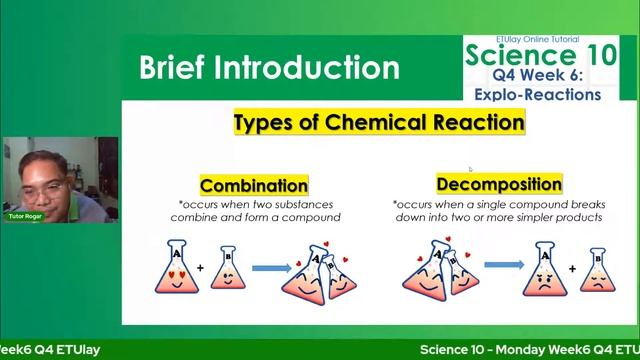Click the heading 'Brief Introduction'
point(269,68)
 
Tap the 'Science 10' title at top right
point(534,55)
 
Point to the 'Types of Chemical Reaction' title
point(379,123)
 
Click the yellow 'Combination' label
point(254,186)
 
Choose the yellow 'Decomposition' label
point(499,185)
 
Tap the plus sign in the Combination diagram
point(200,268)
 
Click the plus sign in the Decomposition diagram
point(571,268)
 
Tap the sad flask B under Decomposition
point(597,272)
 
